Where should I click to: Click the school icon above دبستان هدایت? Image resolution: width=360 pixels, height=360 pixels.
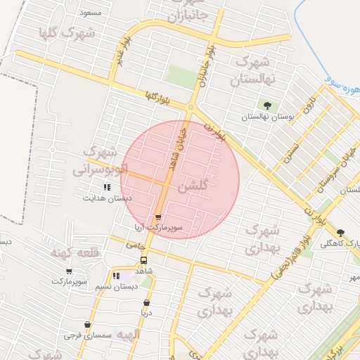(x=107, y=187)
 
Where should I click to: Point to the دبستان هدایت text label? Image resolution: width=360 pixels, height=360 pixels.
(x=108, y=198)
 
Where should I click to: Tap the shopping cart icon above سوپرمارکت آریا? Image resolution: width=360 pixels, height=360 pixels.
(x=159, y=217)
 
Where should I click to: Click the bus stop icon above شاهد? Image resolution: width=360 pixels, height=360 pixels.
(x=144, y=259)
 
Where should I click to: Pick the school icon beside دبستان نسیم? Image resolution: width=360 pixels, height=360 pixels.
(x=116, y=276)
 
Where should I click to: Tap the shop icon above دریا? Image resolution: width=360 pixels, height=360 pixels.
(x=146, y=303)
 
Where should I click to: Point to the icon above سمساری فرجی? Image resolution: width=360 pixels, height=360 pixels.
(x=87, y=325)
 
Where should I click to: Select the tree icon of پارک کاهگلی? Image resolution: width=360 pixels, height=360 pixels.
(x=340, y=233)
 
